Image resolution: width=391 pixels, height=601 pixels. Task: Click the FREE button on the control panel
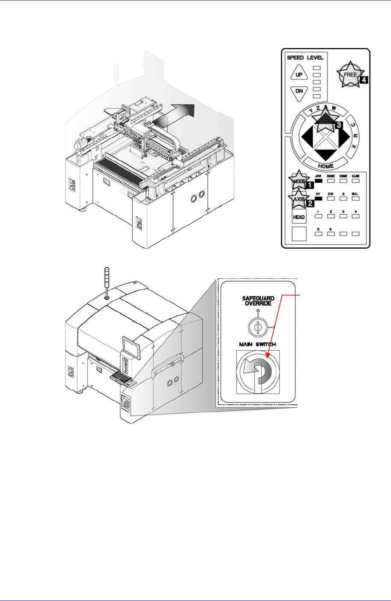click(x=350, y=75)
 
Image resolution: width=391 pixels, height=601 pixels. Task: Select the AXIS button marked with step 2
click(x=298, y=199)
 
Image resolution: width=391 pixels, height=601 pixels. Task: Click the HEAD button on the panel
click(x=298, y=217)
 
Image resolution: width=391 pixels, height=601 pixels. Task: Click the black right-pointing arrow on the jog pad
click(x=344, y=138)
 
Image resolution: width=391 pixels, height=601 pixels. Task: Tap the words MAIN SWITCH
click(x=257, y=345)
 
